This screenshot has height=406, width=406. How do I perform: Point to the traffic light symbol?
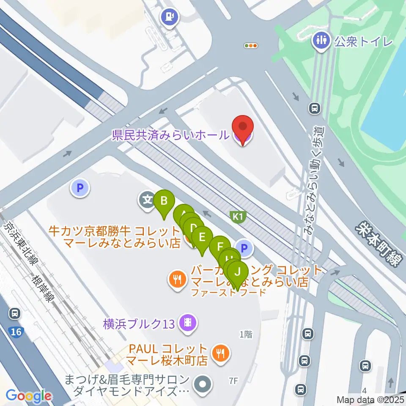251,46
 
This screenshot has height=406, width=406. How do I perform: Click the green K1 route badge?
238,217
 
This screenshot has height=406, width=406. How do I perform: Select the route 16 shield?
16,332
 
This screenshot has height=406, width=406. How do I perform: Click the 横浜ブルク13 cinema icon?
187,324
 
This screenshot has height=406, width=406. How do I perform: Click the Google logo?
29,396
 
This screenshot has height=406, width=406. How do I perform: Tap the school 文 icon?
147,199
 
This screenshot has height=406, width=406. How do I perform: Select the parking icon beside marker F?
244,248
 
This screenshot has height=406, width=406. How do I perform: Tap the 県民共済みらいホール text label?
170,136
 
